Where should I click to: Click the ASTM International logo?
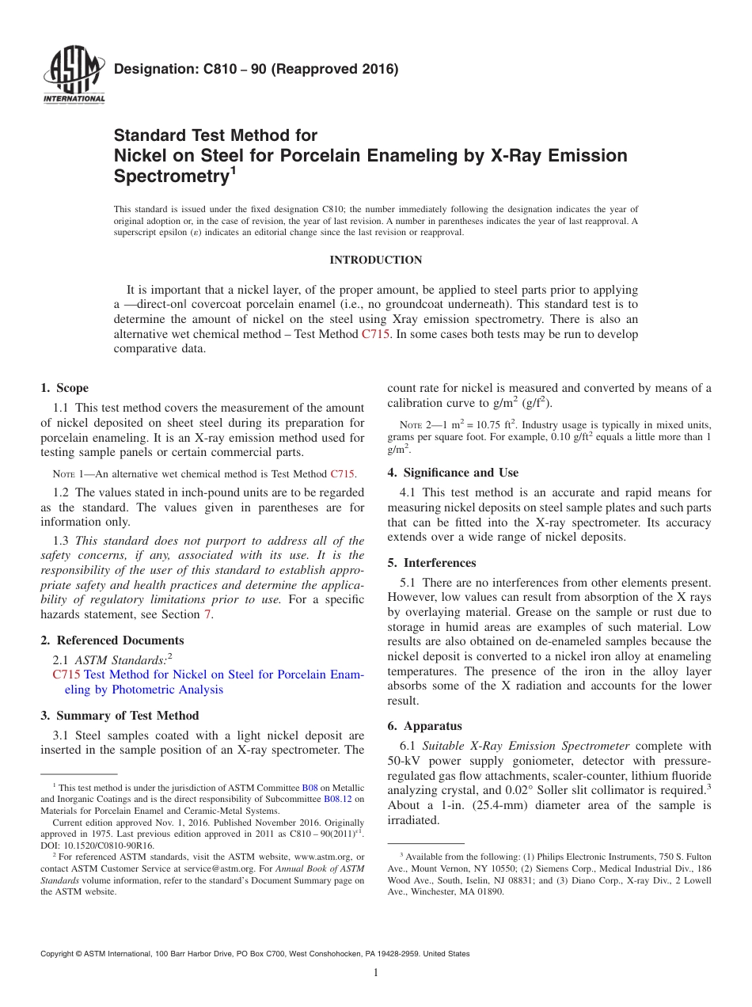click(x=74, y=76)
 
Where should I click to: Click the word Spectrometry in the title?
click(x=171, y=177)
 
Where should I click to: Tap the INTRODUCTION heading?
click(x=375, y=260)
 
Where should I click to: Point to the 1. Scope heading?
click(x=64, y=388)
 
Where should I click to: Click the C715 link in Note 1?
click(x=342, y=474)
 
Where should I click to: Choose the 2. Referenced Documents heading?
click(x=112, y=640)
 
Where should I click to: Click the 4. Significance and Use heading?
click(x=453, y=473)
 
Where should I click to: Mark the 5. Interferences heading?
click(x=431, y=563)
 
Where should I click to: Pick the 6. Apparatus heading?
click(x=424, y=726)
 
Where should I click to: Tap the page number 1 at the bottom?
click(x=376, y=973)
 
